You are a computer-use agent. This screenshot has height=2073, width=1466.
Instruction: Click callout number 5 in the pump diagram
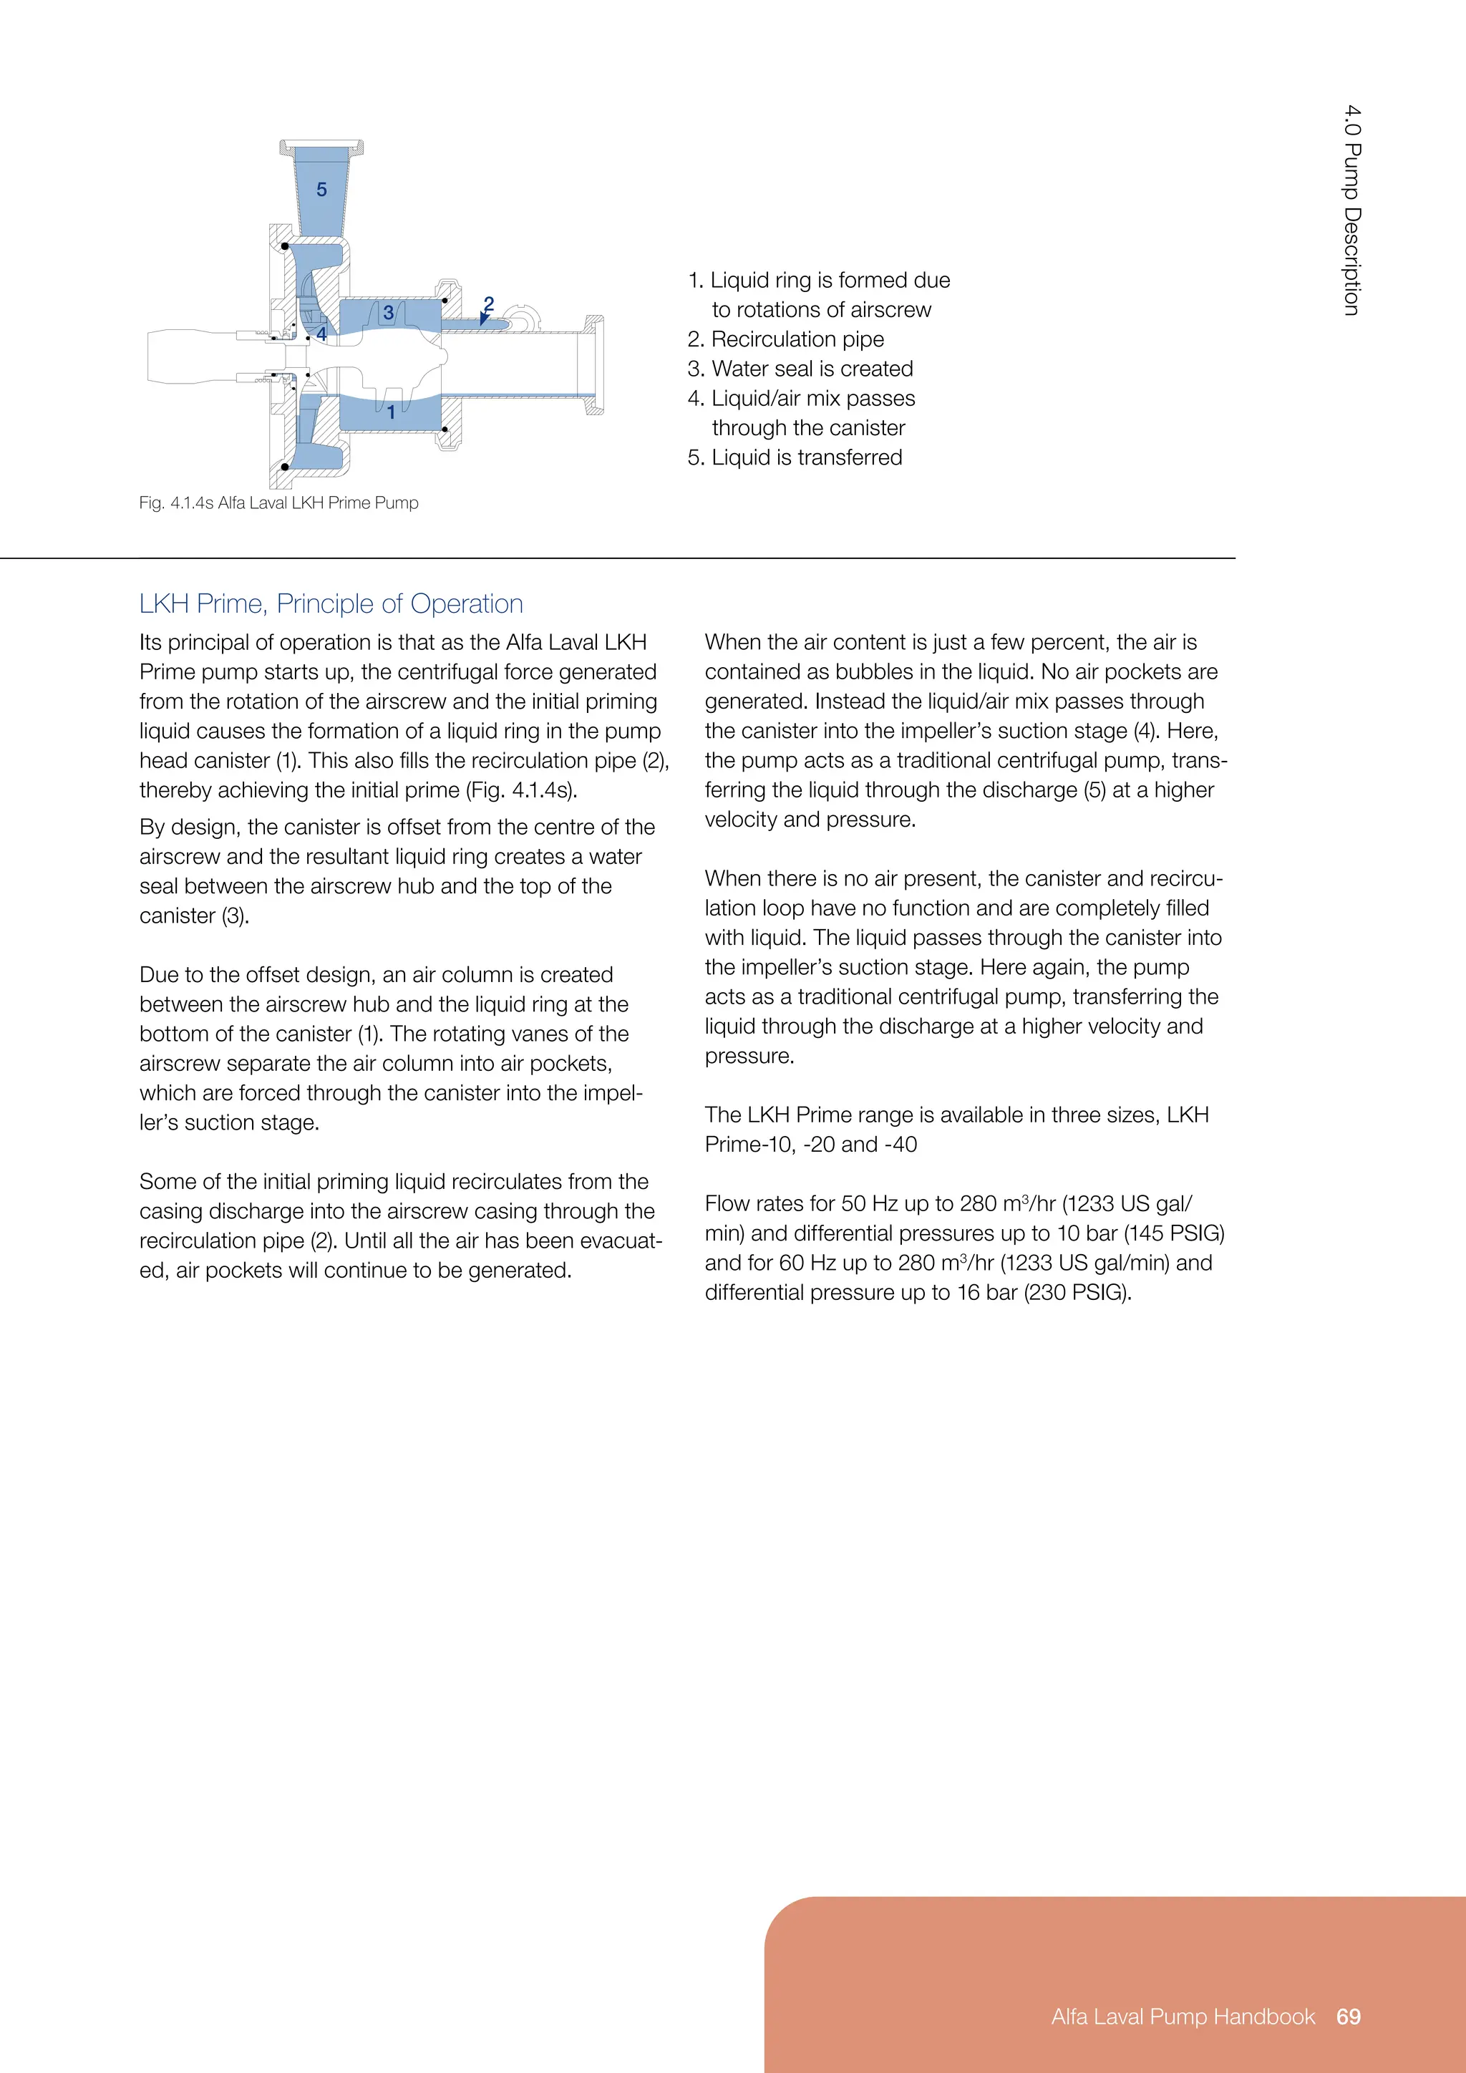(x=321, y=190)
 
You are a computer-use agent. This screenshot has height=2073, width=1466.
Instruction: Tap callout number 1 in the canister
(x=391, y=412)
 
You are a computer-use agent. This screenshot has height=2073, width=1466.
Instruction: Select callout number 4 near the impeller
(x=321, y=334)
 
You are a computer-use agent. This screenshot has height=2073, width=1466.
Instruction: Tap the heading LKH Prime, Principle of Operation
(x=331, y=603)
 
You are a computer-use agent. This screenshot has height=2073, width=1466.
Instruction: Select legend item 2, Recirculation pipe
(x=785, y=339)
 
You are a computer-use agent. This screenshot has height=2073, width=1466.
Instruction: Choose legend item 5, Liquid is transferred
(x=795, y=457)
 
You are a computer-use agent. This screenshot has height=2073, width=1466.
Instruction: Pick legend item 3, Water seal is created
(x=800, y=369)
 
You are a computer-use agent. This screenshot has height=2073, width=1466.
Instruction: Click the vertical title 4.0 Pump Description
(x=1351, y=210)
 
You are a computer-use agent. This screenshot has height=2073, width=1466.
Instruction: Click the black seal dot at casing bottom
(x=286, y=467)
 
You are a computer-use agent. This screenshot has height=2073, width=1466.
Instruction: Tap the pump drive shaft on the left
(x=190, y=356)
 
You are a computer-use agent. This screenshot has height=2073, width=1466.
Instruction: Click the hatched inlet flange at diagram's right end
(x=594, y=365)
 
